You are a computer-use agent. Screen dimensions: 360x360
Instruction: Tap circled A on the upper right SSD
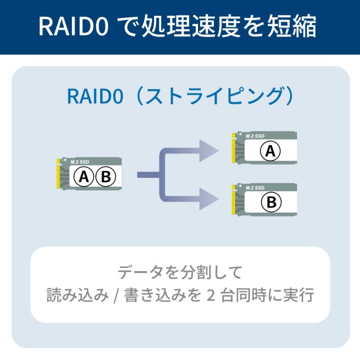(x=270, y=151)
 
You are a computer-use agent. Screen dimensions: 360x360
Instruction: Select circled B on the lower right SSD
(x=271, y=202)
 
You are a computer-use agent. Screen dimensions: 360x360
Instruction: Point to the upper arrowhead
(x=210, y=151)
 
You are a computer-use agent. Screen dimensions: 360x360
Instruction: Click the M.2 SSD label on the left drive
(x=79, y=161)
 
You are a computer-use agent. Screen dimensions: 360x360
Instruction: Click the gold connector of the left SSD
(x=58, y=175)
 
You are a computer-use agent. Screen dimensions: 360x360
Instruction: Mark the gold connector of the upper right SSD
(x=233, y=150)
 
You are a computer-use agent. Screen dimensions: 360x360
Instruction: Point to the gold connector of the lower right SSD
(x=233, y=200)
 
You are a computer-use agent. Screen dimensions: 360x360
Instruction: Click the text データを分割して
(x=179, y=273)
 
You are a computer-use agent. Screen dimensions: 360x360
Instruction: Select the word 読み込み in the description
(x=77, y=295)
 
